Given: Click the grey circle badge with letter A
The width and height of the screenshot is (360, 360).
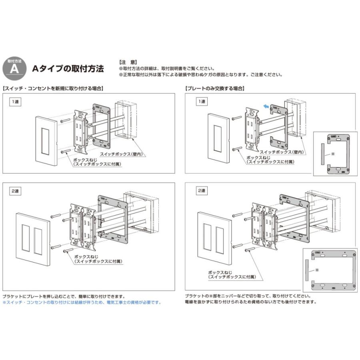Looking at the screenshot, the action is (x=14, y=68).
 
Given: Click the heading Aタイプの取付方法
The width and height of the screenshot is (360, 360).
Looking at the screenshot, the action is (x=68, y=68).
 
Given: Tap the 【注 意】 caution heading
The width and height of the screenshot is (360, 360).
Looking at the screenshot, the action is (x=128, y=62).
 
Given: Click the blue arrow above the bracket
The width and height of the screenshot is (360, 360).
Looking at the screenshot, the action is (x=266, y=106).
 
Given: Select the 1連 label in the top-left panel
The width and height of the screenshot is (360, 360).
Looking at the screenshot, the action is (x=15, y=102).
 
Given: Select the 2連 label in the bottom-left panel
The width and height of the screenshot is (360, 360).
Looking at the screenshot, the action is (x=15, y=191).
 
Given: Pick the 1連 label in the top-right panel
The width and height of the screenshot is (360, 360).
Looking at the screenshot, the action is (x=202, y=102).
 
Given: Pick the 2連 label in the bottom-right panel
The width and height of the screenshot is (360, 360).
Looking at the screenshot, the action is (x=202, y=190).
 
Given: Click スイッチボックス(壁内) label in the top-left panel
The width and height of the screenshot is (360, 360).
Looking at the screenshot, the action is (x=122, y=154).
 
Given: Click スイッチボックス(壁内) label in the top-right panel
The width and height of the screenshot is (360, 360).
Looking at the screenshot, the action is (x=282, y=152).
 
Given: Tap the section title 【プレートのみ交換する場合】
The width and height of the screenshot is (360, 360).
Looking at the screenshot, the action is (x=215, y=88).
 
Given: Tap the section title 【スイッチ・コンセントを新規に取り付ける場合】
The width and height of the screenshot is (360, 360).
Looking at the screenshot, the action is (x=53, y=88).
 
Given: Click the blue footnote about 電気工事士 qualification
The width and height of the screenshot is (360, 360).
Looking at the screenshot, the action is (x=82, y=302).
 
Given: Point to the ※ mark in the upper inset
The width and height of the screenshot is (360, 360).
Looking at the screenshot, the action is (x=333, y=154).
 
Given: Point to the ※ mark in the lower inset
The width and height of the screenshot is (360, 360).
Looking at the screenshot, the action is (x=317, y=270).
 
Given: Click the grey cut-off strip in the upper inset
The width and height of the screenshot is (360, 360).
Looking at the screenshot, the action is (x=323, y=154).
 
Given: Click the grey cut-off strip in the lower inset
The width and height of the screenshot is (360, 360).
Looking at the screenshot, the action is (x=307, y=270).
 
